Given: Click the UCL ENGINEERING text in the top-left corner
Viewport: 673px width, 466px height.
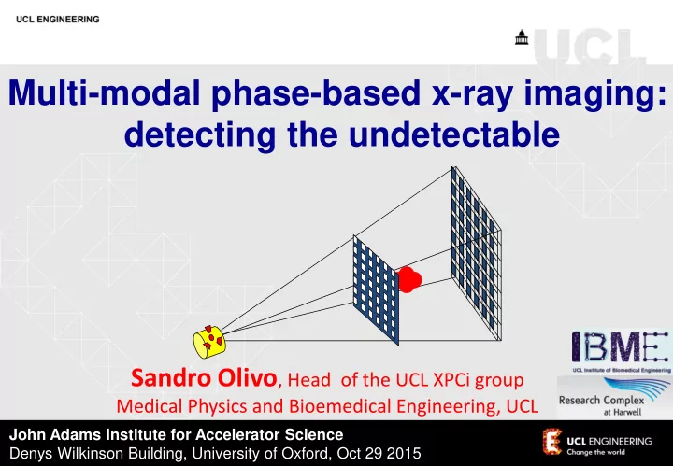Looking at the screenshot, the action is (x=58, y=20).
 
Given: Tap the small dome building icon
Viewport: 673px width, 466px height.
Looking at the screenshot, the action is (x=522, y=37).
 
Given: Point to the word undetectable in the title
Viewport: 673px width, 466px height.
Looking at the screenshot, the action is (x=454, y=134).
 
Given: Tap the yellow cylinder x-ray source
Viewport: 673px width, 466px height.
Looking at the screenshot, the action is (x=209, y=342).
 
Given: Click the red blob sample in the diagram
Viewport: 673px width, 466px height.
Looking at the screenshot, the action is (x=408, y=279).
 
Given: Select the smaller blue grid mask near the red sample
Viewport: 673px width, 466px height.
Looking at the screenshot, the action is (x=376, y=289).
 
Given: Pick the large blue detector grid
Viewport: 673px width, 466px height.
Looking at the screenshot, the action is (x=477, y=253).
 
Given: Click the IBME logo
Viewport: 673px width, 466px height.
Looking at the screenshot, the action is (x=621, y=351).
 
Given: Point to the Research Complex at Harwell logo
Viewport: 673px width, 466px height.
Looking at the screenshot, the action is (x=614, y=398).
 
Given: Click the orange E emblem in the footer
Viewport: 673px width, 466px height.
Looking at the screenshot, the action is (x=552, y=441).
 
